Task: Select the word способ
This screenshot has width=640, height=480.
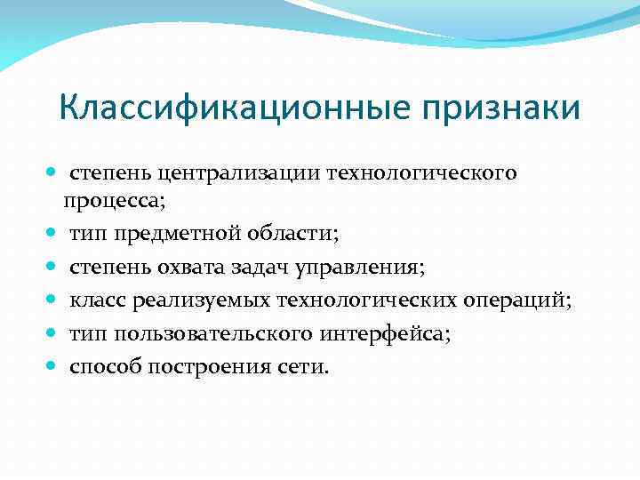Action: pyautogui.click(x=107, y=366)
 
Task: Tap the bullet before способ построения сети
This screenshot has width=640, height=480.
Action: pyautogui.click(x=54, y=366)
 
